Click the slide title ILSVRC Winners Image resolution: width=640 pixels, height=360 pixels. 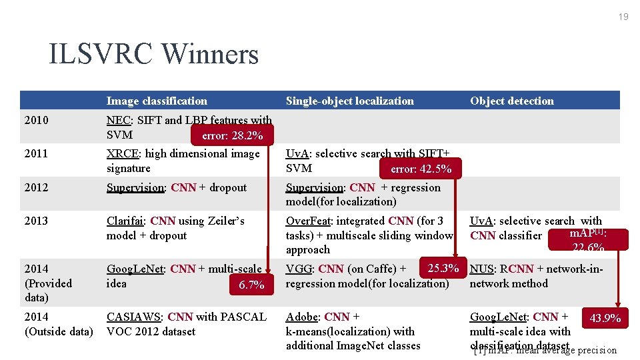153,55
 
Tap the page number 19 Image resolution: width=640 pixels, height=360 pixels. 623,17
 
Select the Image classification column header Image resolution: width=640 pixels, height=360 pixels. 157,101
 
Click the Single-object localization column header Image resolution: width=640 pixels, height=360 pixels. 349,101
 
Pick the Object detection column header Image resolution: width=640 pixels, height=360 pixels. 511,101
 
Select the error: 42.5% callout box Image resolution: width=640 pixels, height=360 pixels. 421,169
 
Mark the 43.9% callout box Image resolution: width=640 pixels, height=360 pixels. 605,318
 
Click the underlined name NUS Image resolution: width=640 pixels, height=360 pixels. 481,269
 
